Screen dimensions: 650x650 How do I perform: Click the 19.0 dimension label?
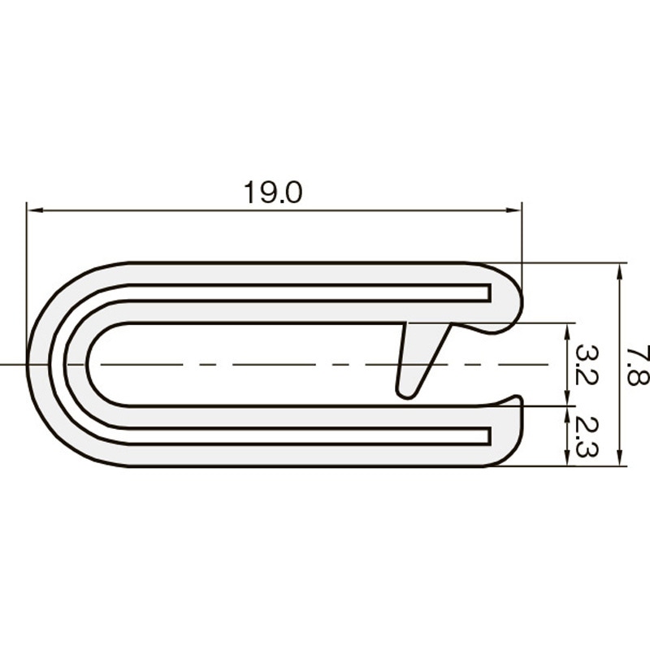coord(273,193)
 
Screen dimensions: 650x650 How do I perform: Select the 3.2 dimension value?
coord(587,365)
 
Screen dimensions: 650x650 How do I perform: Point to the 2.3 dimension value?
coord(587,436)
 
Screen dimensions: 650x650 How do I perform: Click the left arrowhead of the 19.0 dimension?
coord(33,210)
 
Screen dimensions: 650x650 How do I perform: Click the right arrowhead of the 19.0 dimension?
coord(514,210)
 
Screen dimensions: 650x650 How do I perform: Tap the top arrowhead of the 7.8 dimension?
coord(620,271)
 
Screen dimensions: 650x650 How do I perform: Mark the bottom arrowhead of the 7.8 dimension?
coord(620,457)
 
